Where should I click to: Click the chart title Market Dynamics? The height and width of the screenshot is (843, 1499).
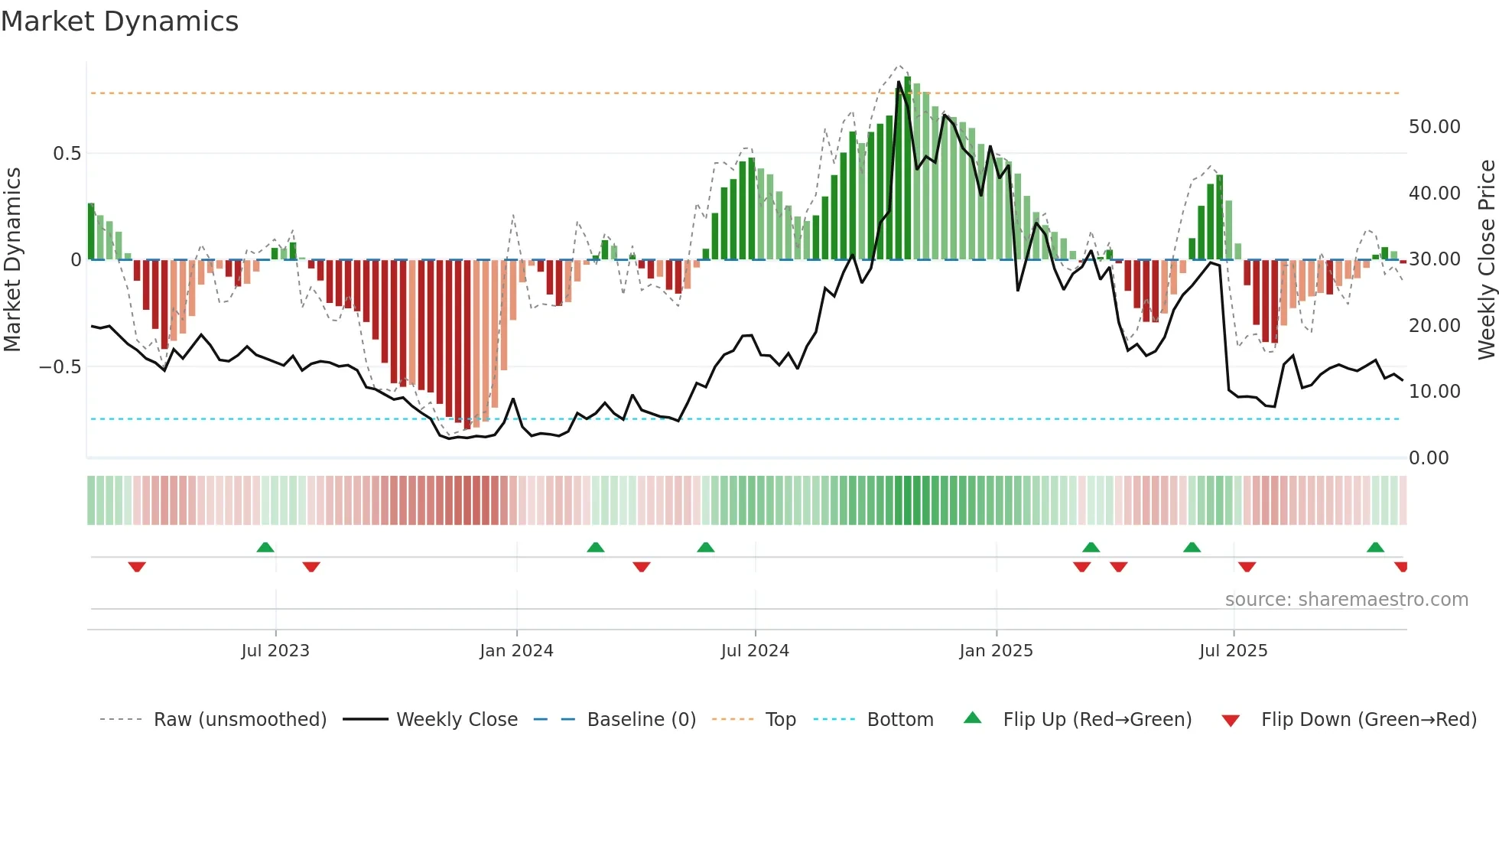pyautogui.click(x=119, y=21)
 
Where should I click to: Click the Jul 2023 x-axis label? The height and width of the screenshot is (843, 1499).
pyautogui.click(x=275, y=651)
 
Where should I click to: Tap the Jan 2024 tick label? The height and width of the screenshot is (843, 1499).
pyautogui.click(x=516, y=651)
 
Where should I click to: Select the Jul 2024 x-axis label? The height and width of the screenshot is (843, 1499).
pyautogui.click(x=755, y=651)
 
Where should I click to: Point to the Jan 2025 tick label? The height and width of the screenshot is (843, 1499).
pyautogui.click(x=996, y=651)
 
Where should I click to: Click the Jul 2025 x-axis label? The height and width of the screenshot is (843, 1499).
pyautogui.click(x=1233, y=651)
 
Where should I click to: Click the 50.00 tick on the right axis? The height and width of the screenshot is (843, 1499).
pyautogui.click(x=1434, y=127)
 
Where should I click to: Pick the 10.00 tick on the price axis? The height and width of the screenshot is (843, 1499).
pyautogui.click(x=1434, y=392)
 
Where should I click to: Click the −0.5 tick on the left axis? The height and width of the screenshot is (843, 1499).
pyautogui.click(x=60, y=367)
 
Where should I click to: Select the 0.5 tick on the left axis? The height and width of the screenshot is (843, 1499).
pyautogui.click(x=67, y=154)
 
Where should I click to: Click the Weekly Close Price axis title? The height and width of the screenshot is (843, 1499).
pyautogui.click(x=1486, y=260)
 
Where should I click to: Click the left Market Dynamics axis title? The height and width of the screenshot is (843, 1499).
pyautogui.click(x=12, y=260)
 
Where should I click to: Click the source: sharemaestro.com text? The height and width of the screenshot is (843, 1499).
pyautogui.click(x=1346, y=600)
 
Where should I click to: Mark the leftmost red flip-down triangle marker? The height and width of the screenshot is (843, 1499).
pyautogui.click(x=137, y=567)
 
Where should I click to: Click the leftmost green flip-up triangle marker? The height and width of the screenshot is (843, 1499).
pyautogui.click(x=265, y=547)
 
